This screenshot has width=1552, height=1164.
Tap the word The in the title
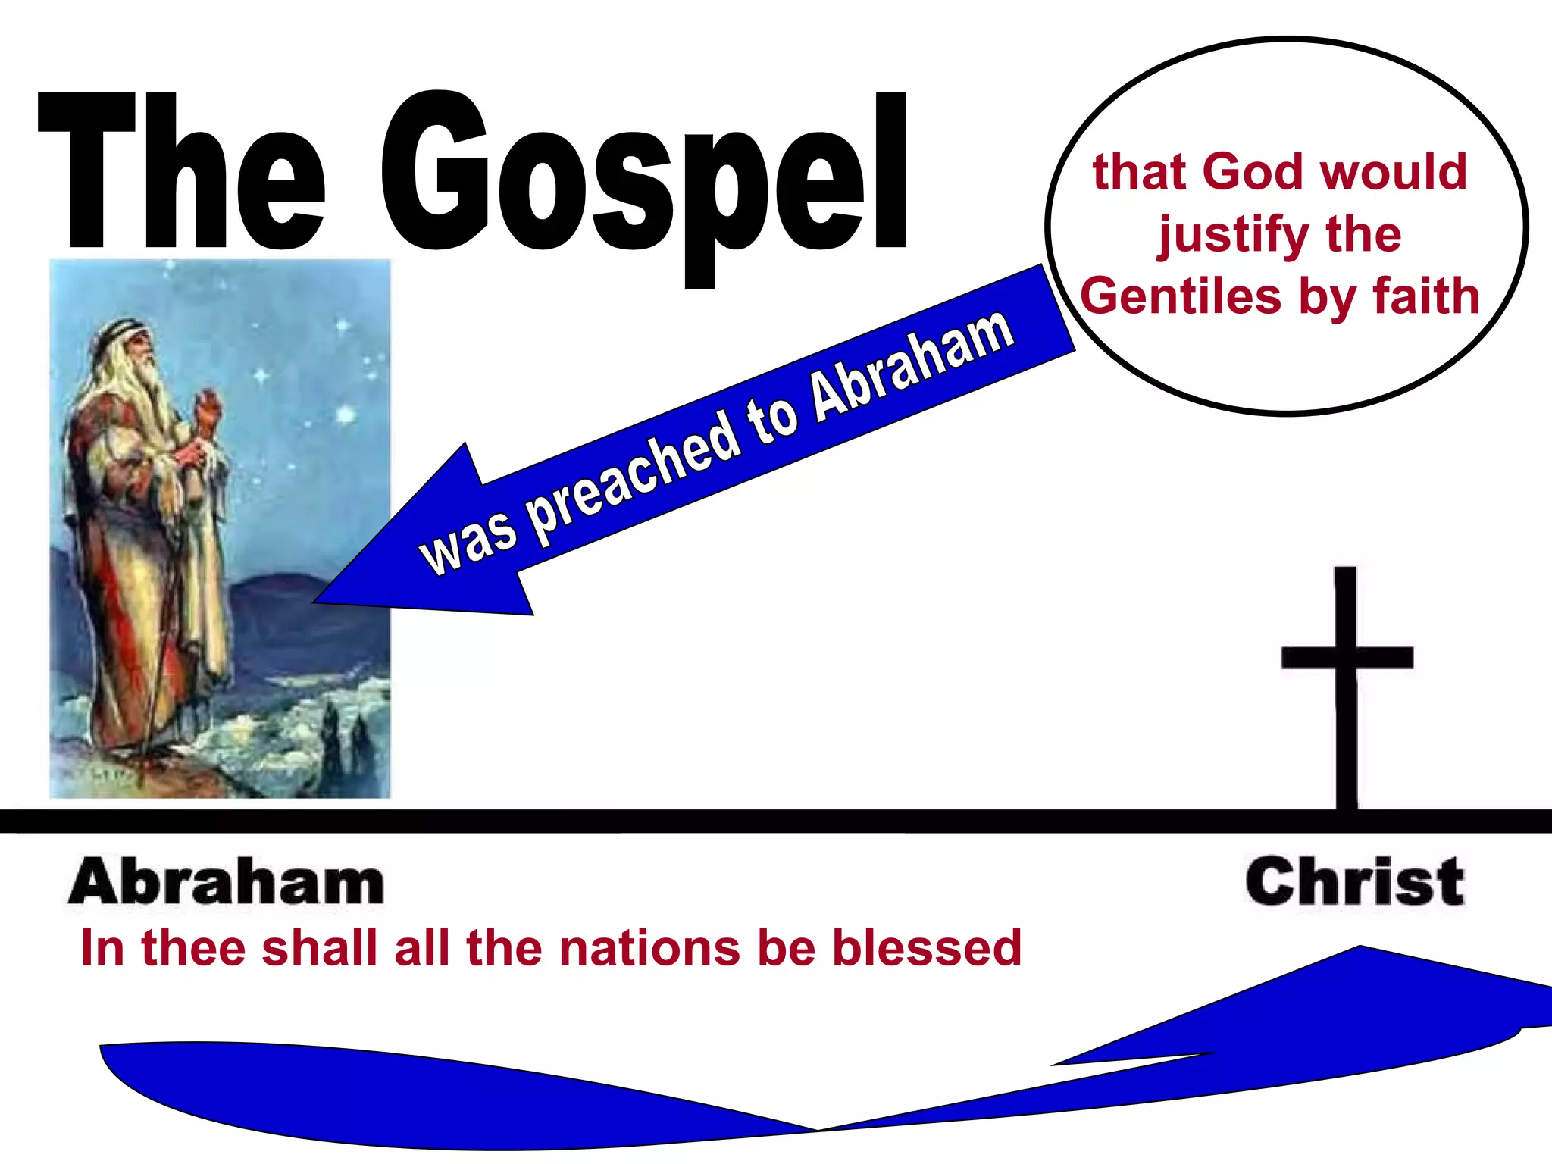point(182,174)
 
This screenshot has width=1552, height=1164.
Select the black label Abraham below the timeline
point(226,882)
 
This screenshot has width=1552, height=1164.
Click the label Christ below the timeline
point(1354,882)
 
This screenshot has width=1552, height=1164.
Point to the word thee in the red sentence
point(193,948)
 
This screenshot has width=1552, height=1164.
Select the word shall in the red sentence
point(319,948)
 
